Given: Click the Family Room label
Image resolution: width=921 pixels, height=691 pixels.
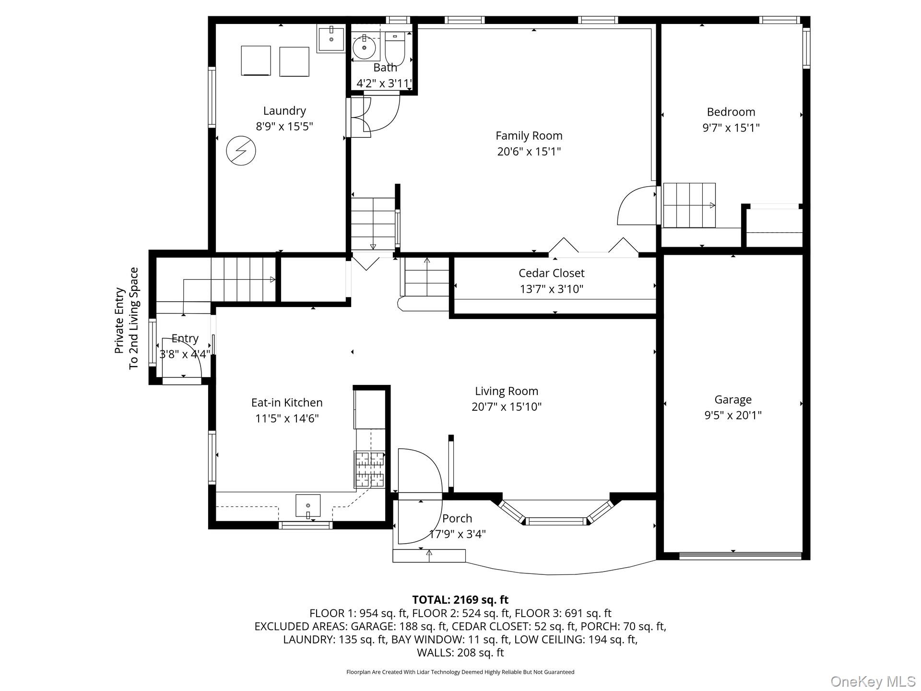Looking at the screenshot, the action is [x=529, y=136].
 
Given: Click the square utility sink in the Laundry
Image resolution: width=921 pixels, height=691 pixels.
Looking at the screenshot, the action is [x=331, y=39].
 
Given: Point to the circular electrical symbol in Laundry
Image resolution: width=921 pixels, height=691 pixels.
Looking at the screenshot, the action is [x=241, y=151].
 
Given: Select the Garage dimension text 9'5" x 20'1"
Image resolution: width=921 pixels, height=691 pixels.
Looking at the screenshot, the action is [x=732, y=415].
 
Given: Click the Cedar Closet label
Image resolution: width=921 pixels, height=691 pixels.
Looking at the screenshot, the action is [x=552, y=273].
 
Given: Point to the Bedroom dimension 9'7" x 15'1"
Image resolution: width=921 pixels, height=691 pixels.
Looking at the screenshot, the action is [x=731, y=128].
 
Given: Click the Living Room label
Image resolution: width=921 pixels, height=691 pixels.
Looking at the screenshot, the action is [x=507, y=391].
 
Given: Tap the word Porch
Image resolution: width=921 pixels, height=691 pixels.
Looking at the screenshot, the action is [x=457, y=518].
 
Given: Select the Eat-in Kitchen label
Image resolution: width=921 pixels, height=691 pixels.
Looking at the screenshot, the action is [x=287, y=403].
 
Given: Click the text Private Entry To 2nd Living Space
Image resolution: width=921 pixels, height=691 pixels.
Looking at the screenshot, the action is [x=127, y=319].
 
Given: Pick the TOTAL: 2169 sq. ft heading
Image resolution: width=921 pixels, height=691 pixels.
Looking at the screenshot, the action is [x=460, y=599].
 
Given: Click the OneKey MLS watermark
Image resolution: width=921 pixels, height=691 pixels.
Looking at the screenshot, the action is [x=873, y=681].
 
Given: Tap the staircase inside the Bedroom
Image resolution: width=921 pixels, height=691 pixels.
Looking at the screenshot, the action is [x=689, y=205].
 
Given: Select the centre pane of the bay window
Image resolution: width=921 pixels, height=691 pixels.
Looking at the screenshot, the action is [x=556, y=521].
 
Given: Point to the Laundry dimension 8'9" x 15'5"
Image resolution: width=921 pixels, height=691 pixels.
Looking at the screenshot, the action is [x=284, y=126].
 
